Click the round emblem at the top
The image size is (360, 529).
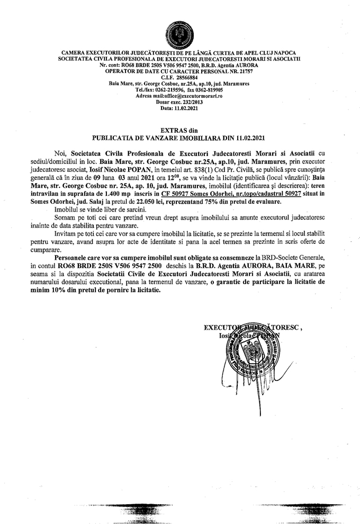(180, 32)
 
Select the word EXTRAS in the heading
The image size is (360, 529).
(169, 129)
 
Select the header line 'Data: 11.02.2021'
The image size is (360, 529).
(179, 108)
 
